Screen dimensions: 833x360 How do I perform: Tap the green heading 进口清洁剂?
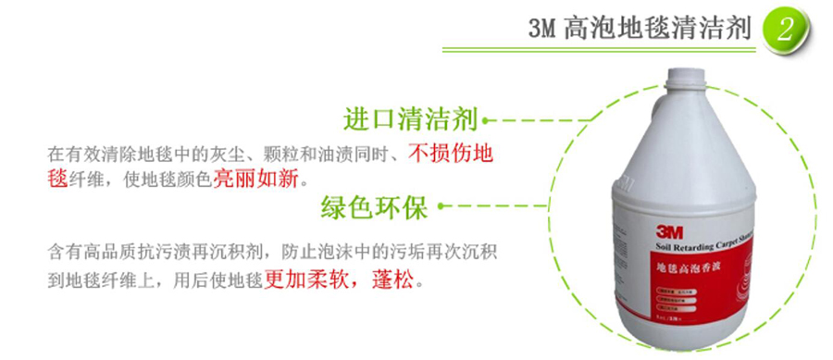[x=409, y=119]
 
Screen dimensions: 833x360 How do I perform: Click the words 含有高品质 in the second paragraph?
[x=88, y=252]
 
